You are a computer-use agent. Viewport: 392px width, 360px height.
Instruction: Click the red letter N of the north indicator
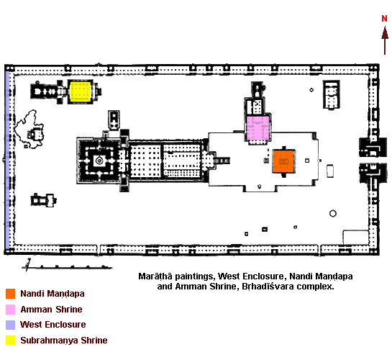click(x=384, y=19)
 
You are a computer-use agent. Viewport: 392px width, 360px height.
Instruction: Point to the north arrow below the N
click(x=385, y=40)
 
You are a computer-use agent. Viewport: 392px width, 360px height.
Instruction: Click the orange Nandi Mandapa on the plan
click(x=283, y=161)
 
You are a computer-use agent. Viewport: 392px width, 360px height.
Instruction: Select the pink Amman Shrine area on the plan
click(x=257, y=128)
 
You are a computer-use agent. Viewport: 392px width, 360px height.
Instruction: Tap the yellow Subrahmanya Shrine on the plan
click(x=80, y=91)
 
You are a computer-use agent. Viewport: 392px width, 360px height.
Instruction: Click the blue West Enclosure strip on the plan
click(x=7, y=160)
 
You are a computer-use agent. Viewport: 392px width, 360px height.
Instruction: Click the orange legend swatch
click(x=11, y=294)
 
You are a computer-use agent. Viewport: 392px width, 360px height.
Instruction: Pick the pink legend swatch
click(x=11, y=310)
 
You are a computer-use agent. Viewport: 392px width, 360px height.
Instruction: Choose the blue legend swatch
click(x=11, y=325)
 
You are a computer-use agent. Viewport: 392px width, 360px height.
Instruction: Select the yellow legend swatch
click(x=11, y=341)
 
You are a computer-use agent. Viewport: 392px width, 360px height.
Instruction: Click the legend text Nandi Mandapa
click(x=53, y=294)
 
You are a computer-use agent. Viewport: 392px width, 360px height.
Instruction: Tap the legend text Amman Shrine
click(x=51, y=310)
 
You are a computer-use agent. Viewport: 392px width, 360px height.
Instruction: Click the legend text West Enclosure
click(x=53, y=325)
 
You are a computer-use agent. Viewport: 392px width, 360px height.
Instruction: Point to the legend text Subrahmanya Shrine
click(x=64, y=341)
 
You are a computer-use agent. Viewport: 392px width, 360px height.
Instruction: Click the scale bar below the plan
click(x=67, y=267)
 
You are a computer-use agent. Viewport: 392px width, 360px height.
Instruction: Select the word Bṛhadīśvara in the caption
click(x=268, y=287)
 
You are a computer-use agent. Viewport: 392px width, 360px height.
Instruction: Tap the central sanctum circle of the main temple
click(x=99, y=161)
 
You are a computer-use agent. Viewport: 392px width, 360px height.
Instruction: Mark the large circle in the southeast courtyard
click(x=333, y=214)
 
